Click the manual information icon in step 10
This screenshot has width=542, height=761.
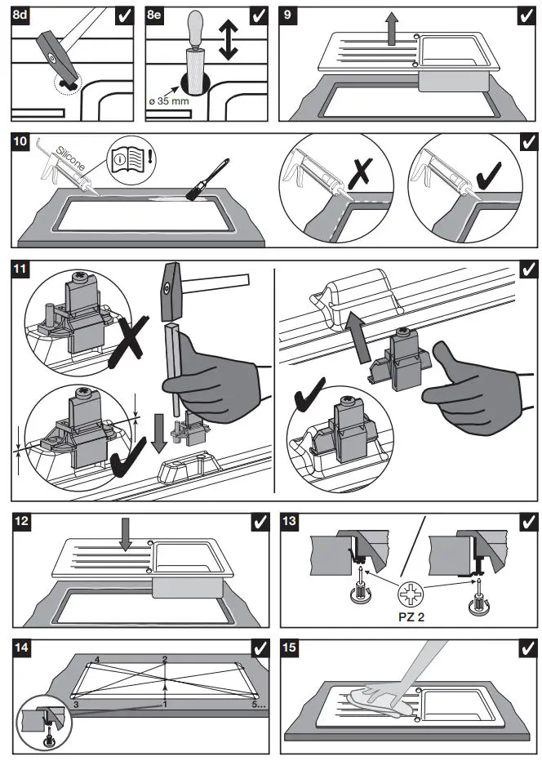pyautogui.click(x=132, y=158)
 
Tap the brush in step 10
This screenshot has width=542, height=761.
pyautogui.click(x=198, y=184)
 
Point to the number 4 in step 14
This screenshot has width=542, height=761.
pyautogui.click(x=96, y=658)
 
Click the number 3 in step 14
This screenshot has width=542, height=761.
pyautogui.click(x=75, y=703)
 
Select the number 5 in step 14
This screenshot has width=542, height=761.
pyautogui.click(x=254, y=703)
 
